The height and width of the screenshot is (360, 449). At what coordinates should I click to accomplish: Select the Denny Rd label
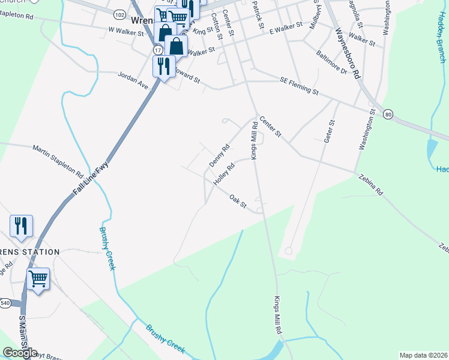220,155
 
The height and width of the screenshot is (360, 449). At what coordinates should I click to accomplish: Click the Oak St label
238,201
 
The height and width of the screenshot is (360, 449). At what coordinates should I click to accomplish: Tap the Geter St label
329,131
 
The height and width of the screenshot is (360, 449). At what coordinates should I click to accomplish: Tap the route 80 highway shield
388,113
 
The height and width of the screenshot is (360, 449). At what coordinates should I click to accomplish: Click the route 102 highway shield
119,13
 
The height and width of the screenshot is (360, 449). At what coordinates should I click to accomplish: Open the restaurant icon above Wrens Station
21,226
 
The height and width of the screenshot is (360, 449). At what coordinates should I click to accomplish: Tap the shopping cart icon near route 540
38,278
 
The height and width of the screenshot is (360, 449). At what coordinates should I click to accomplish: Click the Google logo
20,353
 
